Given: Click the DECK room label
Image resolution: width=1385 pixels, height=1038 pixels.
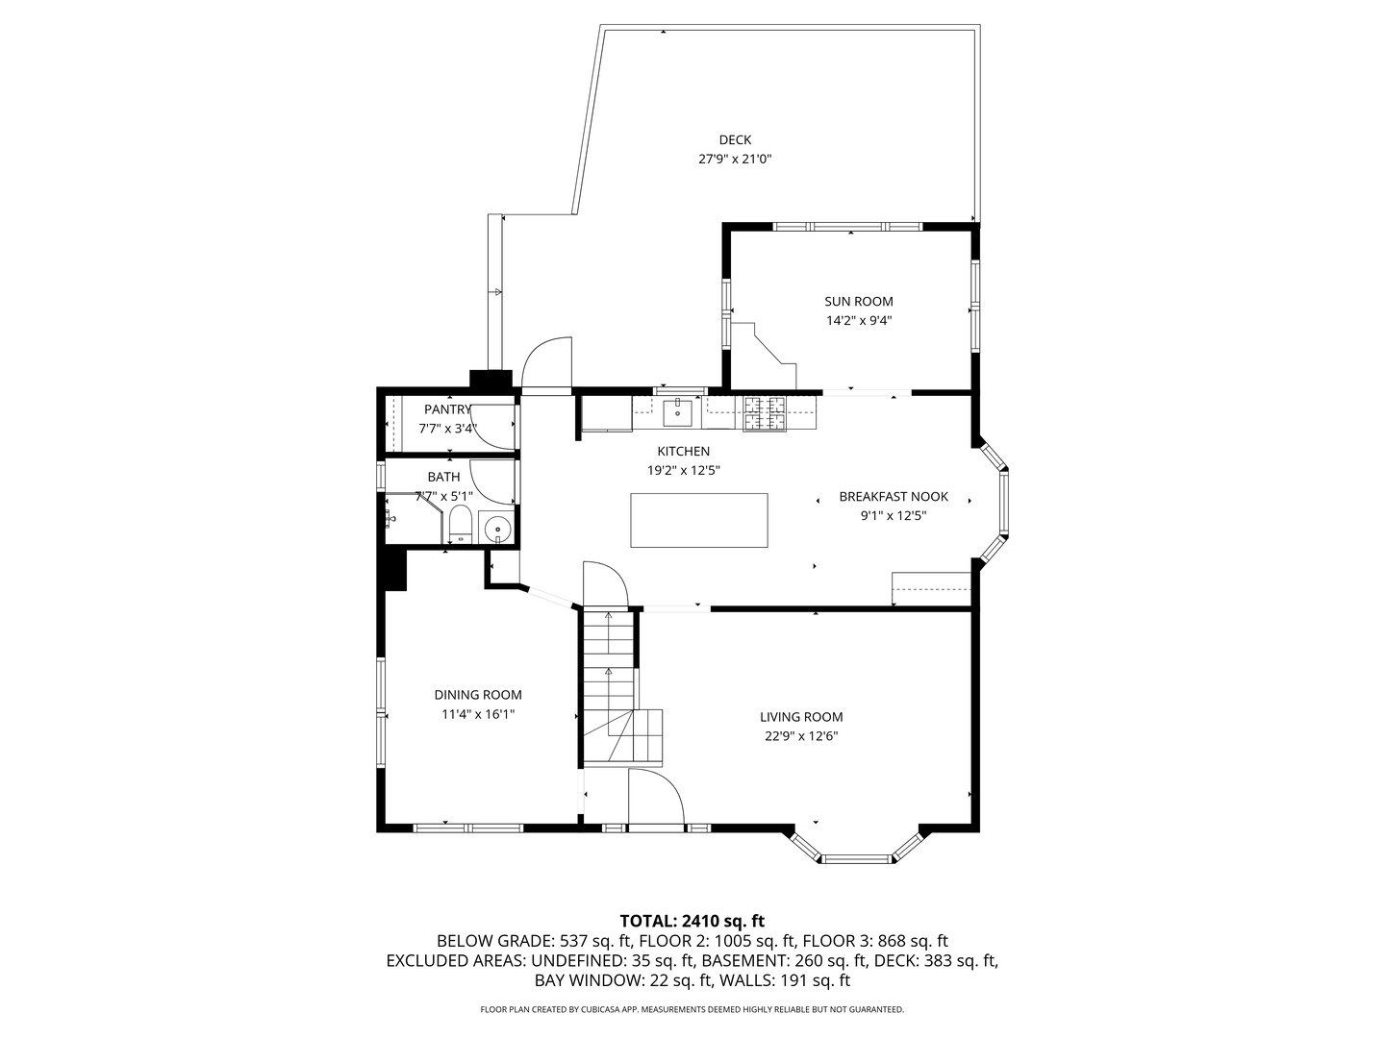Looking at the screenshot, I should point(735,139).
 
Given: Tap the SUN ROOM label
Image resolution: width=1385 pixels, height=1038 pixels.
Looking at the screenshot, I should point(858,301).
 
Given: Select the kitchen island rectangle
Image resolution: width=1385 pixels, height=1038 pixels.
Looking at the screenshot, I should point(698,520).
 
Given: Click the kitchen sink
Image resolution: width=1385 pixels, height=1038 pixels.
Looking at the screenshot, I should point(678,413).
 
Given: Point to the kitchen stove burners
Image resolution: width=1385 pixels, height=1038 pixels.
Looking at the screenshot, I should point(765,413).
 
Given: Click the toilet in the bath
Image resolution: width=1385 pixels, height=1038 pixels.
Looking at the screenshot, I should point(461,525).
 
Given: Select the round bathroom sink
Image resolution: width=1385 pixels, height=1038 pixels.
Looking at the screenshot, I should point(497,529).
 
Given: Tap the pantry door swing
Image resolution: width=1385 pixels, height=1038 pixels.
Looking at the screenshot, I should point(494,429).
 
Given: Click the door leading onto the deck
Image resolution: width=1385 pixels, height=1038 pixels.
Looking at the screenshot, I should point(546,365).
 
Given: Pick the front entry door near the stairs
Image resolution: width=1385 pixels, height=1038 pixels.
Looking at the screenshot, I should point(654,798).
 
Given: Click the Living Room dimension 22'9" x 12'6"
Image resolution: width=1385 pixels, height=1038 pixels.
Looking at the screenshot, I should point(801,737).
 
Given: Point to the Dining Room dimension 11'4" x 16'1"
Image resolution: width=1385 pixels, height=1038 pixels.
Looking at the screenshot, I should point(478,714).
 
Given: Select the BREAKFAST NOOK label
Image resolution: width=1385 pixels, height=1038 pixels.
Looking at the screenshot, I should point(894,496).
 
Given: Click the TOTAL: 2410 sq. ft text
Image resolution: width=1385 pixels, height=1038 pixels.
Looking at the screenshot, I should point(692,920).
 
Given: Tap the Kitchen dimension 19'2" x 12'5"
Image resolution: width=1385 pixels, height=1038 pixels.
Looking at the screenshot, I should point(684,470).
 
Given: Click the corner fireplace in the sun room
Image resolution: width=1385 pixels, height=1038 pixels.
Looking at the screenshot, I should point(765,351).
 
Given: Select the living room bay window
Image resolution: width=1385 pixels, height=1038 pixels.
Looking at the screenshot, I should point(856,850).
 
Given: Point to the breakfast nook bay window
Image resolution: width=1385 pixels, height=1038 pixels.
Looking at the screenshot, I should point(996,500).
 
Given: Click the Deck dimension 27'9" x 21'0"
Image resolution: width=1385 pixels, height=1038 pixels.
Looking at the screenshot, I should point(735,160).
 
